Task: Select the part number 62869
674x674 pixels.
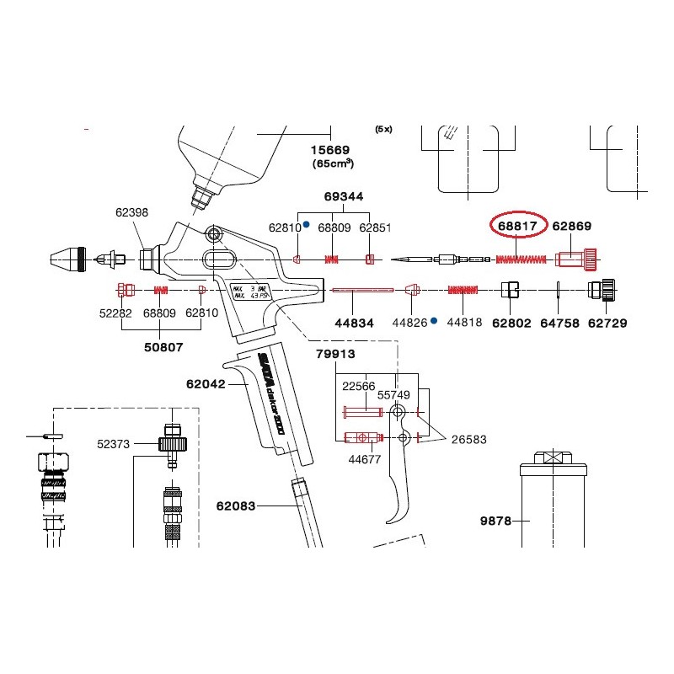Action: point(573,226)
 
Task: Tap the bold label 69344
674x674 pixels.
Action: point(344,196)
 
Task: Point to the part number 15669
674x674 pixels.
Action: point(331,148)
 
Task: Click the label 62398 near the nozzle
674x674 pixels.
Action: point(131,213)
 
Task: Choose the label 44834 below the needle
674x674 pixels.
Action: point(355,322)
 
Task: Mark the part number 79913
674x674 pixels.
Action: point(336,354)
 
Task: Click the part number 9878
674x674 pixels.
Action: point(495,522)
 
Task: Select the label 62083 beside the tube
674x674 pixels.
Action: point(236,506)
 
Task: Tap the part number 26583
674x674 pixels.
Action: point(468,439)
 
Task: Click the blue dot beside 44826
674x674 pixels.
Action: point(433,321)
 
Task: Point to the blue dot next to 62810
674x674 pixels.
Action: point(306,225)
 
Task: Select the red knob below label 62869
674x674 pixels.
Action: point(576,257)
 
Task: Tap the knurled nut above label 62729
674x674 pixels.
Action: point(603,290)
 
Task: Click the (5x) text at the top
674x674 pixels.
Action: point(384,129)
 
